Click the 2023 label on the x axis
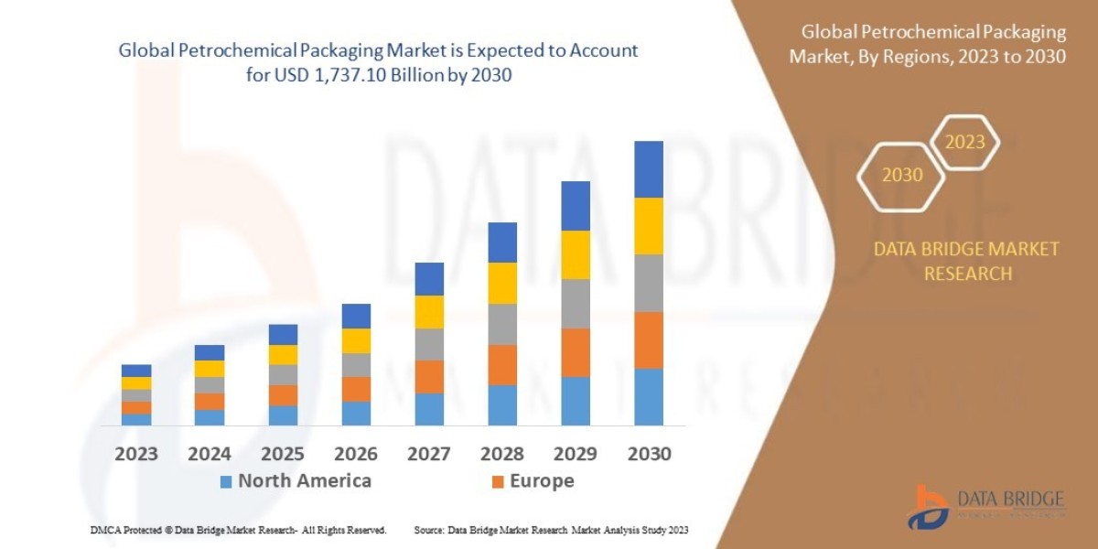pyautogui.click(x=135, y=454)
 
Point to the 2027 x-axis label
pyautogui.click(x=428, y=454)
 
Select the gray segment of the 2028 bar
pyautogui.click(x=501, y=324)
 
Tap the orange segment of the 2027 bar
pyautogui.click(x=428, y=376)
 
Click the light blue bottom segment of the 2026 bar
pyautogui.click(x=355, y=413)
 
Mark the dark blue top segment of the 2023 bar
pyautogui.click(x=135, y=371)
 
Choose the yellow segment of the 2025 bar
pyautogui.click(x=282, y=354)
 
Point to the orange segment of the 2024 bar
pyautogui.click(x=209, y=401)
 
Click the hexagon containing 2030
pyautogui.click(x=901, y=175)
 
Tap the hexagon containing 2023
pyautogui.click(x=964, y=143)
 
